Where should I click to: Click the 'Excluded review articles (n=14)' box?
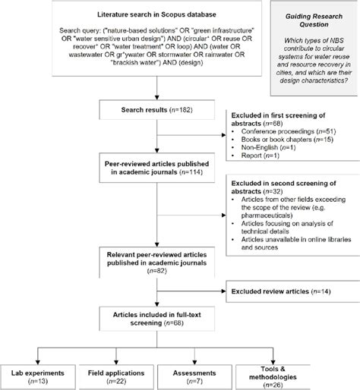click(x=289, y=289)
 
